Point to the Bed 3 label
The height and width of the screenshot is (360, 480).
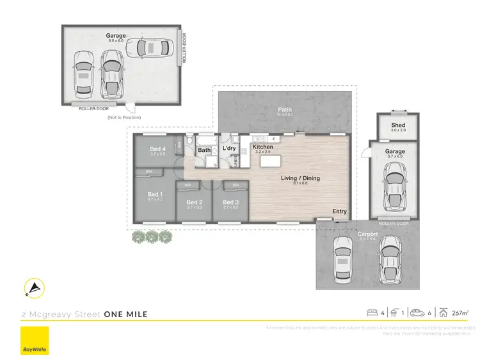click(x=230, y=202)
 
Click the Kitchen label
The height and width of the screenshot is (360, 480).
click(x=263, y=147)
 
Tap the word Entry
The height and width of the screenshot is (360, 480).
click(x=339, y=211)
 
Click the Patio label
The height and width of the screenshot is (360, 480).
click(x=285, y=110)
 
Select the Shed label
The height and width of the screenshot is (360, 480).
click(x=399, y=125)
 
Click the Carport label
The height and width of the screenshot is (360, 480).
click(x=368, y=234)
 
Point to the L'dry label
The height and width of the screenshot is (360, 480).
click(x=229, y=149)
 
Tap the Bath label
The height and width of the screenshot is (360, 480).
click(x=204, y=151)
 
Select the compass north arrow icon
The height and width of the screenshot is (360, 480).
click(x=34, y=290)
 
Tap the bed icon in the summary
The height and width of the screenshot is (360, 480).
click(x=371, y=313)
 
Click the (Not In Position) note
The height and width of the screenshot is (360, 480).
click(x=124, y=117)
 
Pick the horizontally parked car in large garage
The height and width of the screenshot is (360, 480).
click(x=148, y=47)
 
